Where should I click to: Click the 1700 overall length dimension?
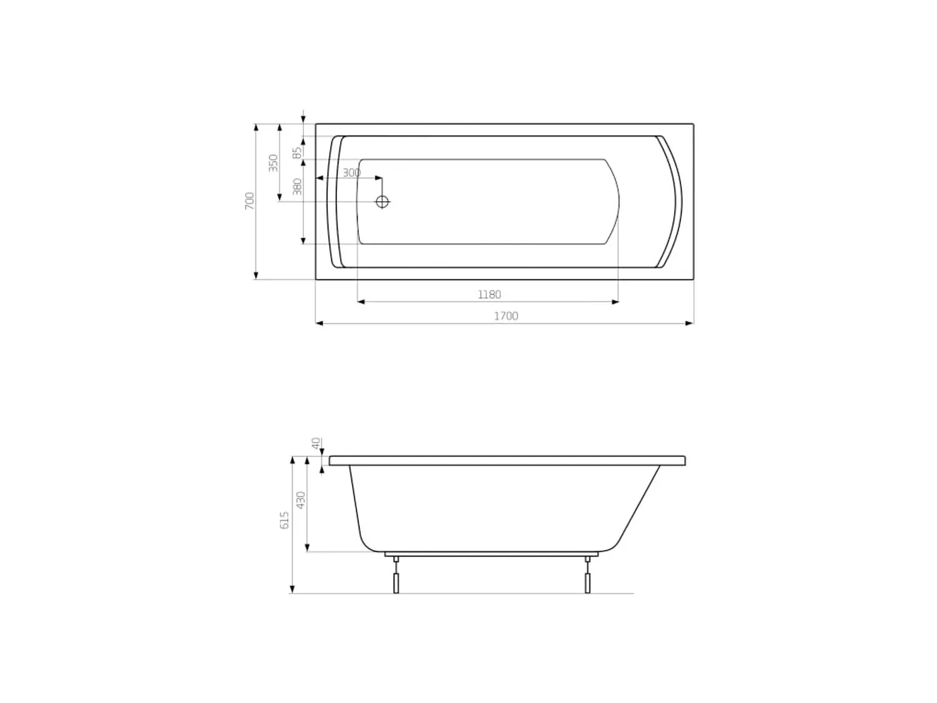506,317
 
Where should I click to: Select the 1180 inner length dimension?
489,295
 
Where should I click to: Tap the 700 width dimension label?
249,200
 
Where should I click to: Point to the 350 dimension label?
273,163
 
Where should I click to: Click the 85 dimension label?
297,152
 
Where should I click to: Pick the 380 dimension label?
297,187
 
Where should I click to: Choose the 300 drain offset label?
351,173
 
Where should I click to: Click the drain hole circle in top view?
382,202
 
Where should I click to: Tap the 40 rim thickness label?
316,443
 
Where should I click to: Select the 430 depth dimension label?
301,500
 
